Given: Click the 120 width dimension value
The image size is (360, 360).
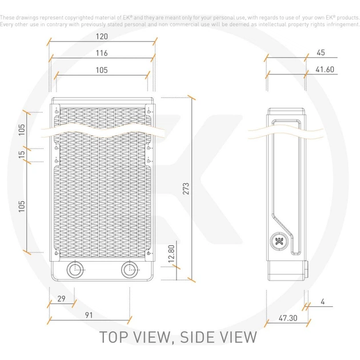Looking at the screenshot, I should coord(102,35).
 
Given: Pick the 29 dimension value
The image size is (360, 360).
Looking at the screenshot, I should coord(61,299).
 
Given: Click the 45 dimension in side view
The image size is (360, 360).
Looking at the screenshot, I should coord(320,53).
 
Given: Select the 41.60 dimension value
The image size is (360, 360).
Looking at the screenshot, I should coord(325,70).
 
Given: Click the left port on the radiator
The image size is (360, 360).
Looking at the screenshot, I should coord(75,270).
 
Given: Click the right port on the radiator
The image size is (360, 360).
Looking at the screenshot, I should coord(128,270).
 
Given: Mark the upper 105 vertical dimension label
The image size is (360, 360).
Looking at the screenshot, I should coord(21,129).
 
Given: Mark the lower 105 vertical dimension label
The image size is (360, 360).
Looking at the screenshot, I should coord(21,206).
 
